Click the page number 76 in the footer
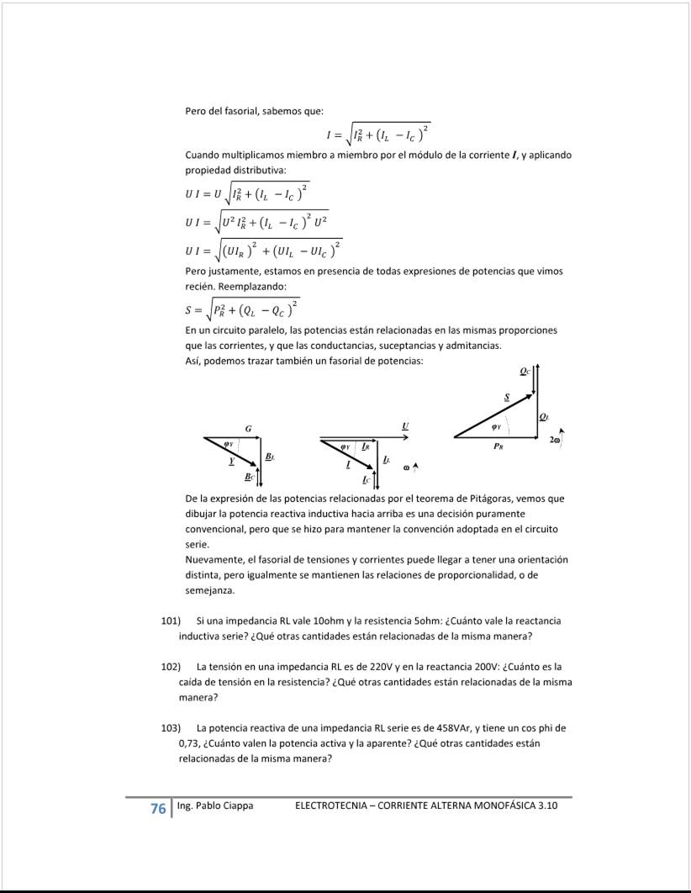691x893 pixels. click(157, 808)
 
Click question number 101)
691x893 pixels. click(171, 621)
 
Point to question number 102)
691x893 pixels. click(171, 666)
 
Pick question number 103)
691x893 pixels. click(171, 727)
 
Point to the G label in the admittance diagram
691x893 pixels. click(248, 429)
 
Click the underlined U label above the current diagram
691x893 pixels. click(405, 426)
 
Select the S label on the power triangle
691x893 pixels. click(506, 395)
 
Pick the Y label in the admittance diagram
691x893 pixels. click(231, 462)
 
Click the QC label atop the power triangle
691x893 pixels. click(525, 369)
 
